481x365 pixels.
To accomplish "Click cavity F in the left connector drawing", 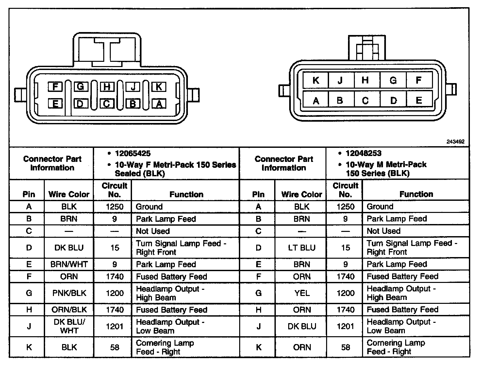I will [55, 87].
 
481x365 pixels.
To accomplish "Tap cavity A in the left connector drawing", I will [159, 104].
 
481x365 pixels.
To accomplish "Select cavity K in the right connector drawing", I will [316, 80].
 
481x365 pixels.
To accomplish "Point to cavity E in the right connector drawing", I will [419, 100].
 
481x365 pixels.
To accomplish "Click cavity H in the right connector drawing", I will [365, 80].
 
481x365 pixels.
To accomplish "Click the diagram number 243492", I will [455, 142].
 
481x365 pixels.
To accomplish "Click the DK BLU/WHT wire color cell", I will [69, 326].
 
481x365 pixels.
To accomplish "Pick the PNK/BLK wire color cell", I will [69, 293].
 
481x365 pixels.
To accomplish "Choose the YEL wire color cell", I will [302, 293].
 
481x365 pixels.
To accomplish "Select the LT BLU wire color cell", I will [302, 248].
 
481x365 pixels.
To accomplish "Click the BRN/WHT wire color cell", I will [69, 264].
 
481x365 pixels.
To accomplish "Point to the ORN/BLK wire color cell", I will [69, 309].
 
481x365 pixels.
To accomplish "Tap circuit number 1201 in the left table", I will [115, 326].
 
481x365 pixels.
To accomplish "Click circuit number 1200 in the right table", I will [345, 293].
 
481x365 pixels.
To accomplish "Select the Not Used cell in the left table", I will [153, 231].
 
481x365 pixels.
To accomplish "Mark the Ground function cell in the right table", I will [380, 206].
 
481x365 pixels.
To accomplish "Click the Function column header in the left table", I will [186, 194].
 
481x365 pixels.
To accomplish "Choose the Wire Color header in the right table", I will [302, 194].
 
